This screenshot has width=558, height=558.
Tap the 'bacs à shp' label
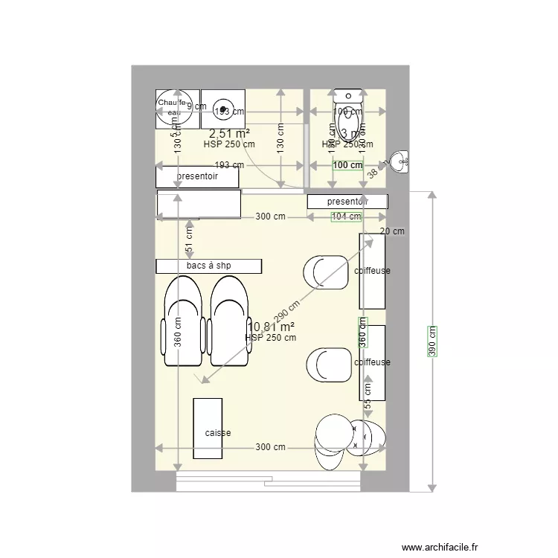[x=208, y=266]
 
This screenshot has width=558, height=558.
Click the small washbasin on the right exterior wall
[x=400, y=161]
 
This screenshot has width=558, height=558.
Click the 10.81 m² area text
[x=271, y=327]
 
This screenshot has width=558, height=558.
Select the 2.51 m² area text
[x=229, y=133]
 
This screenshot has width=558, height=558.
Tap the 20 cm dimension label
[x=392, y=231]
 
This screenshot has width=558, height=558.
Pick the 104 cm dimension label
[x=346, y=217]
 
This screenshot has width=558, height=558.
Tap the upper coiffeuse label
[x=372, y=271]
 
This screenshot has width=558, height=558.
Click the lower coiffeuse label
[x=372, y=362]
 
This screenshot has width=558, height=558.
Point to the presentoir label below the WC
[x=347, y=201]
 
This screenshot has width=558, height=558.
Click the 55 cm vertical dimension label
[x=368, y=395]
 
